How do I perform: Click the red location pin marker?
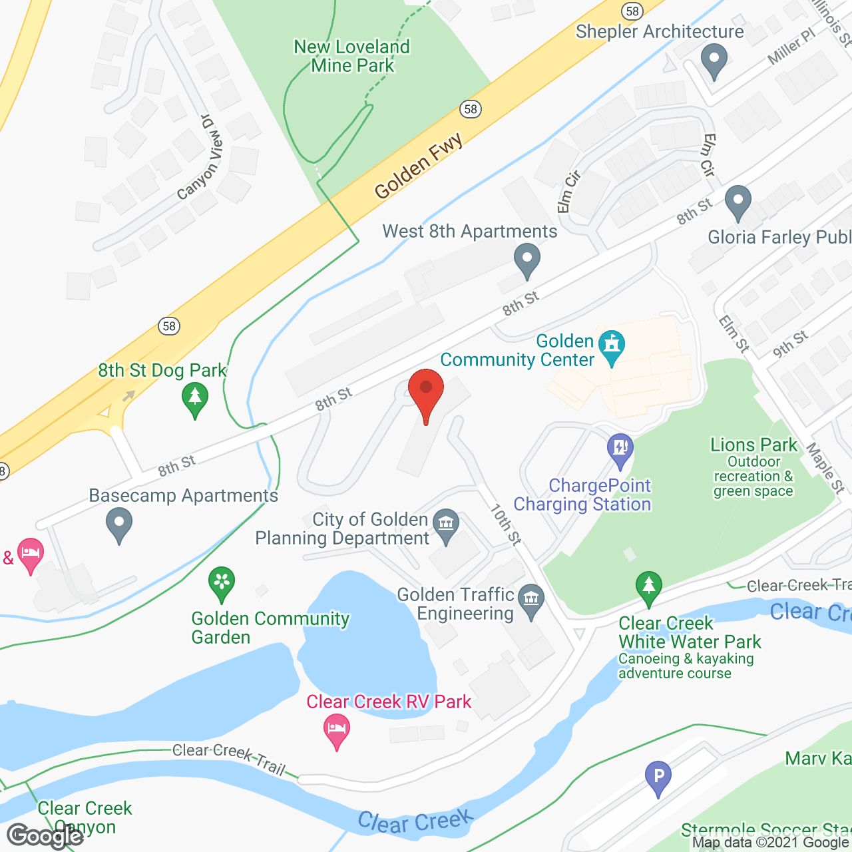pos(426,393)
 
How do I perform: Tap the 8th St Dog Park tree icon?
pos(194,399)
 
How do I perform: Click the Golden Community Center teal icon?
pos(612,347)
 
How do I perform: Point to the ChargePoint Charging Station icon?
pos(620,449)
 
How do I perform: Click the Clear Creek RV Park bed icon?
pos(337,730)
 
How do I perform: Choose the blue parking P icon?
pos(658,777)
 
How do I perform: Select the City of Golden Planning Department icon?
pos(446,525)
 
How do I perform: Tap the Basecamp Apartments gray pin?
pos(119,524)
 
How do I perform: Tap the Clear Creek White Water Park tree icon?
pos(648,587)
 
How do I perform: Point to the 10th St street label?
pos(506,525)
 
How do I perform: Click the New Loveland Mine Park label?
pos(352,56)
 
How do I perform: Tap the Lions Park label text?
pos(753,445)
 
